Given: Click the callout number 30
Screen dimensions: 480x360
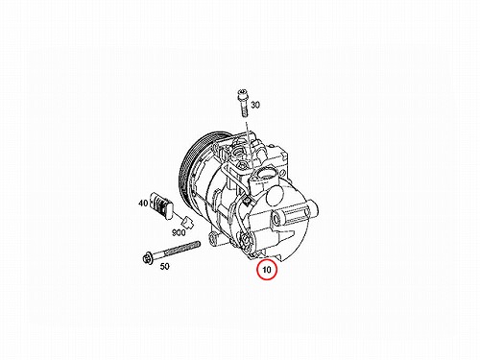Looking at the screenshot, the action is point(255,105).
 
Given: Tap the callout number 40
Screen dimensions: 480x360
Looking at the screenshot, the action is point(143,203).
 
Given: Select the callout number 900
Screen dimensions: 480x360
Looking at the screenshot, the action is point(179,232).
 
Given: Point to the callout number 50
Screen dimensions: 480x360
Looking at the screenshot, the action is point(164,266).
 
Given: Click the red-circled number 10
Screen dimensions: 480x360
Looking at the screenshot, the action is point(267,270).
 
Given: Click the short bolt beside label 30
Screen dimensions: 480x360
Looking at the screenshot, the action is point(243,103).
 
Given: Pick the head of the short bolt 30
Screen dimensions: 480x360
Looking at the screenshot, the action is point(242,93).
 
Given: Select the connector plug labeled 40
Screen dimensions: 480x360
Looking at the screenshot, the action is point(161,205).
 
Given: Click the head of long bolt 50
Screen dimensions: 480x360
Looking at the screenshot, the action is point(148,257).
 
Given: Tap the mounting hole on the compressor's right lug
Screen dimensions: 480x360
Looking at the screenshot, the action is point(276,219).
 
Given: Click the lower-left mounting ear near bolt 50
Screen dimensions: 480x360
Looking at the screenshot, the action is point(213,239).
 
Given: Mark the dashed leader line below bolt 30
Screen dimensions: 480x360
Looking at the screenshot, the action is point(249,145).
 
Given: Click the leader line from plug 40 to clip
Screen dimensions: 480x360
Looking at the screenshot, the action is point(178,215).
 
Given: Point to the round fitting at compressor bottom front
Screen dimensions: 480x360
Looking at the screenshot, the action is point(246,241).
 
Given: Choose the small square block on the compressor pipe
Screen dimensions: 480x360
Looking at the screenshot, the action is point(247,201).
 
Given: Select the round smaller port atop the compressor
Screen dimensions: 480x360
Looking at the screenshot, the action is point(239,151).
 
